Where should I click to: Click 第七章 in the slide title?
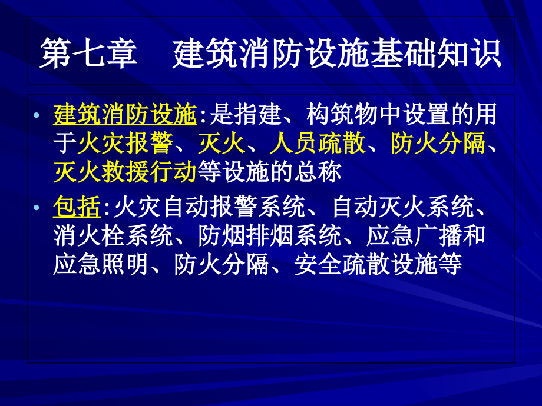(88, 54)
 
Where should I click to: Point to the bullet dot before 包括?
(38, 208)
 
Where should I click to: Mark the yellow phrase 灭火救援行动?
(124, 172)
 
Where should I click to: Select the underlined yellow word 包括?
(77, 208)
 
